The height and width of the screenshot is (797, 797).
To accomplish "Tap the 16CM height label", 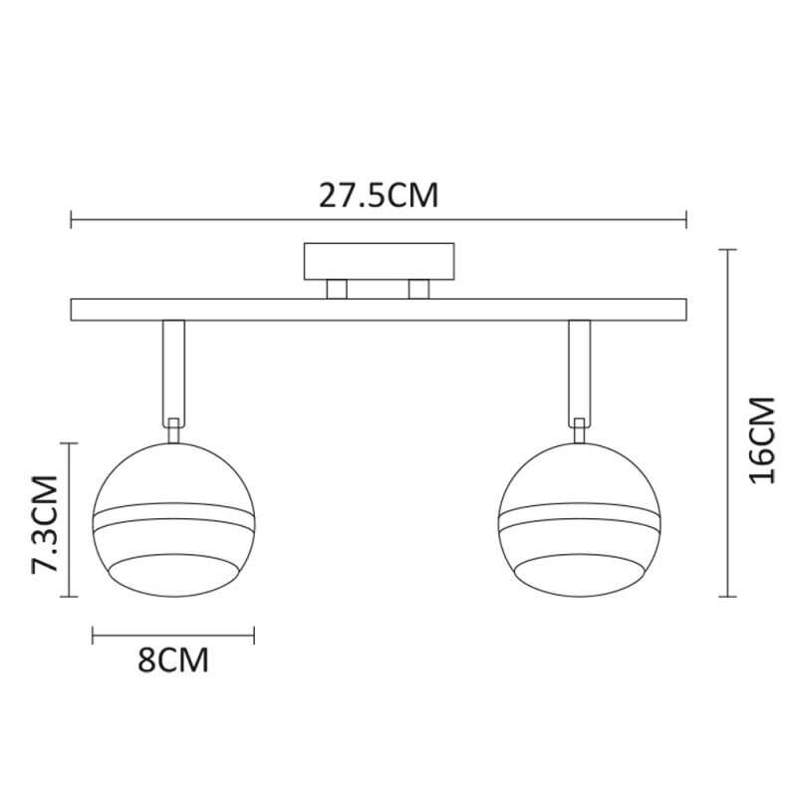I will (x=762, y=439).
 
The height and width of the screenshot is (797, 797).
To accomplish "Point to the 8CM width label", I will (x=173, y=661).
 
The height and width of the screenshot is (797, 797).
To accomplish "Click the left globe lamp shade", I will (x=173, y=518).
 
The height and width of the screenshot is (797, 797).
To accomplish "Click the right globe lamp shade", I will (x=578, y=518).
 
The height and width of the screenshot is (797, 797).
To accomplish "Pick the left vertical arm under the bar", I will (x=173, y=369).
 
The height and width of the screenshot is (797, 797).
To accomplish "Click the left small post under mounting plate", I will (x=338, y=288).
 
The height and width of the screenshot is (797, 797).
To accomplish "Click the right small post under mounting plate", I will (x=418, y=288).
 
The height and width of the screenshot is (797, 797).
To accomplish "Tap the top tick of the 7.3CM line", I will (x=69, y=444).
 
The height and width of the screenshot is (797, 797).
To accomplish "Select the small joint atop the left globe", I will (x=173, y=428).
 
